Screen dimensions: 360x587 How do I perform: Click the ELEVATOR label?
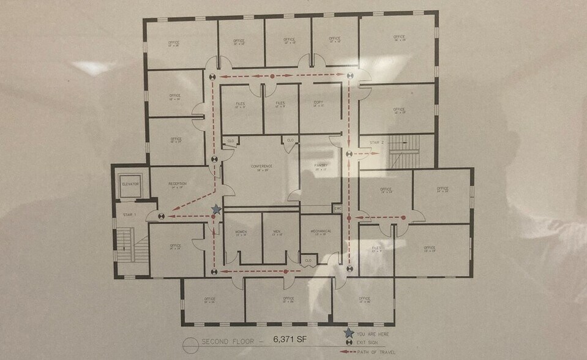(130, 184)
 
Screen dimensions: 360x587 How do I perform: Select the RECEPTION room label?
(177, 184)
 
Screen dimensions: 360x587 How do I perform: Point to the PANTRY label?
(322, 165)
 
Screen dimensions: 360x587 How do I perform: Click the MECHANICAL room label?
(321, 231)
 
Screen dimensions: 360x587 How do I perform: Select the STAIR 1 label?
(128, 215)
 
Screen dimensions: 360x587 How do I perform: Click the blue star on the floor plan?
(215, 210)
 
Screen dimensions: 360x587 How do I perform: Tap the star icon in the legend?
(348, 333)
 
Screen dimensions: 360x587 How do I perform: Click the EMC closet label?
(337, 208)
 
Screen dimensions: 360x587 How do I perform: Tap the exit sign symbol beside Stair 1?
(160, 216)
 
